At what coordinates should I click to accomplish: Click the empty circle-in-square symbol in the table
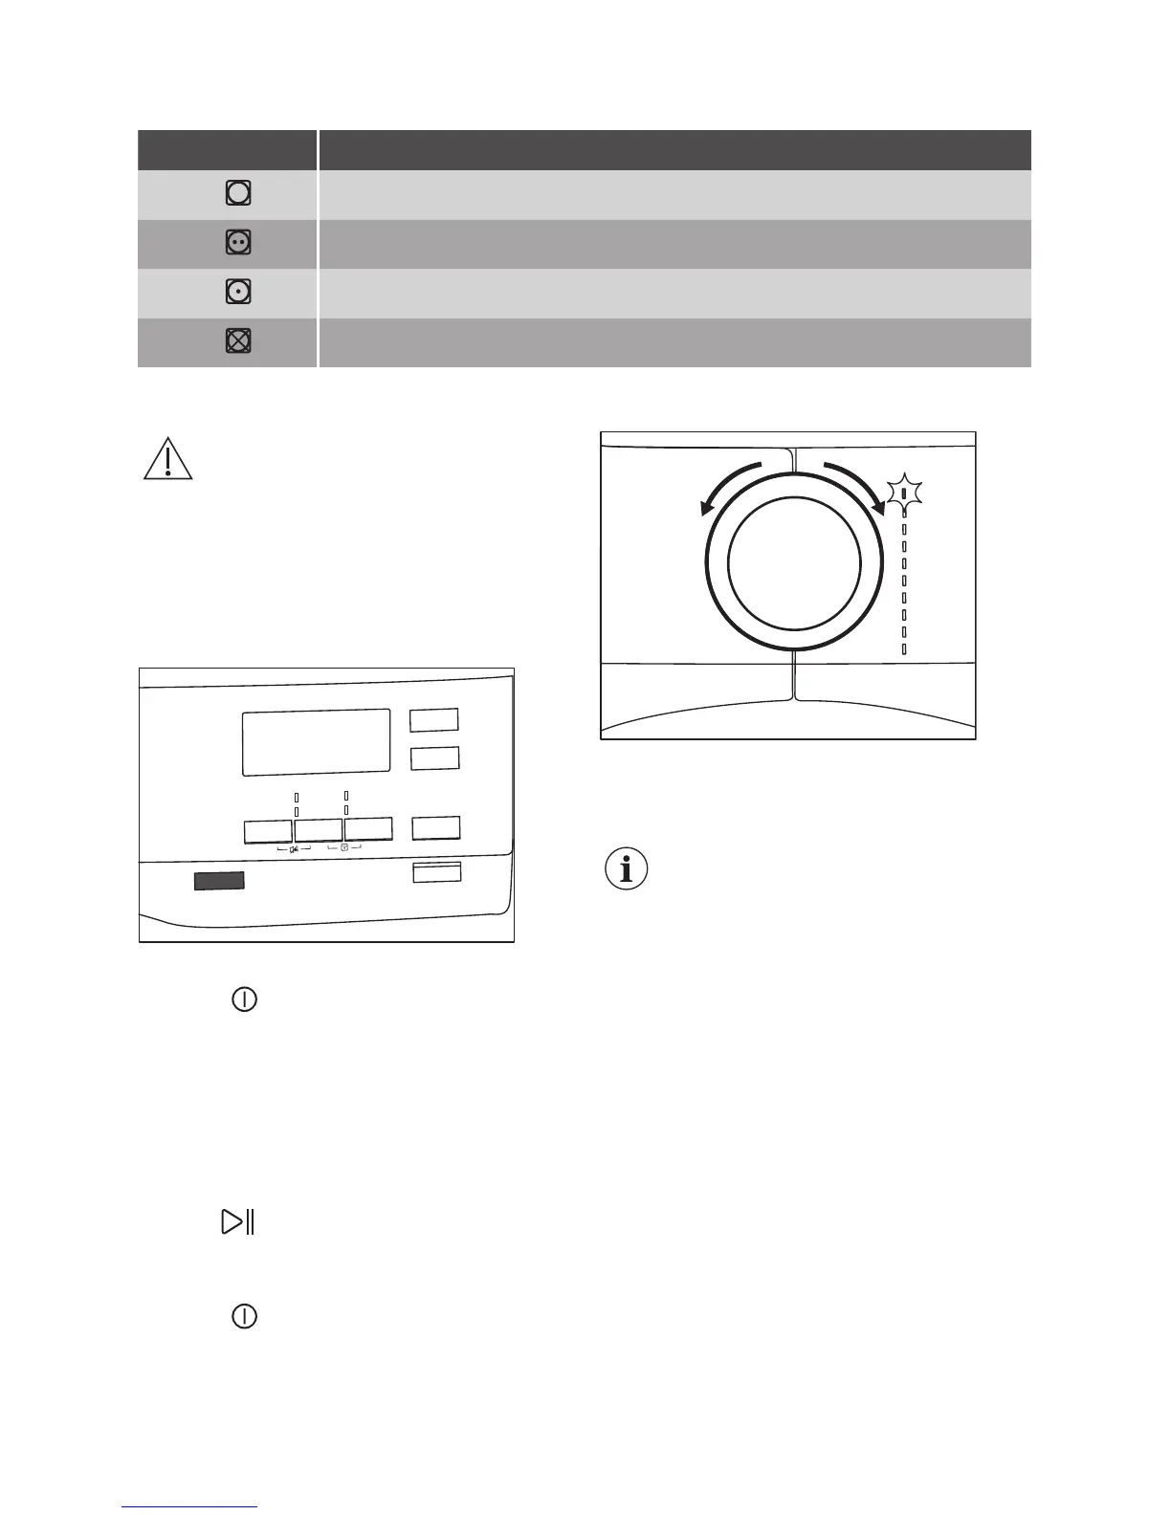click(238, 194)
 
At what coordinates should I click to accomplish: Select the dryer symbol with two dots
click(238, 243)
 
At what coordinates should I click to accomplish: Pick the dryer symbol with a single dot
click(238, 292)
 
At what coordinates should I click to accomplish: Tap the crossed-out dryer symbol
click(238, 341)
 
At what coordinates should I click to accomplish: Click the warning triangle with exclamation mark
click(167, 458)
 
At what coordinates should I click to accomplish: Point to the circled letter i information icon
click(627, 870)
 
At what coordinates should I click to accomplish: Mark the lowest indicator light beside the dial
click(904, 649)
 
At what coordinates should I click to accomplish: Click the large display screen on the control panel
click(316, 742)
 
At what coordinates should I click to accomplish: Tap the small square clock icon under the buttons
click(344, 847)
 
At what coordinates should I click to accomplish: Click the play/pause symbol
click(237, 1222)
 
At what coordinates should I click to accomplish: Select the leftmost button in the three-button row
click(268, 830)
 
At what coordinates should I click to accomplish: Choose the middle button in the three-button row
click(319, 830)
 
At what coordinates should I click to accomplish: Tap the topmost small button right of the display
click(434, 719)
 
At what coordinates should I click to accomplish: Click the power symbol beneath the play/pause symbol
click(245, 1316)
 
